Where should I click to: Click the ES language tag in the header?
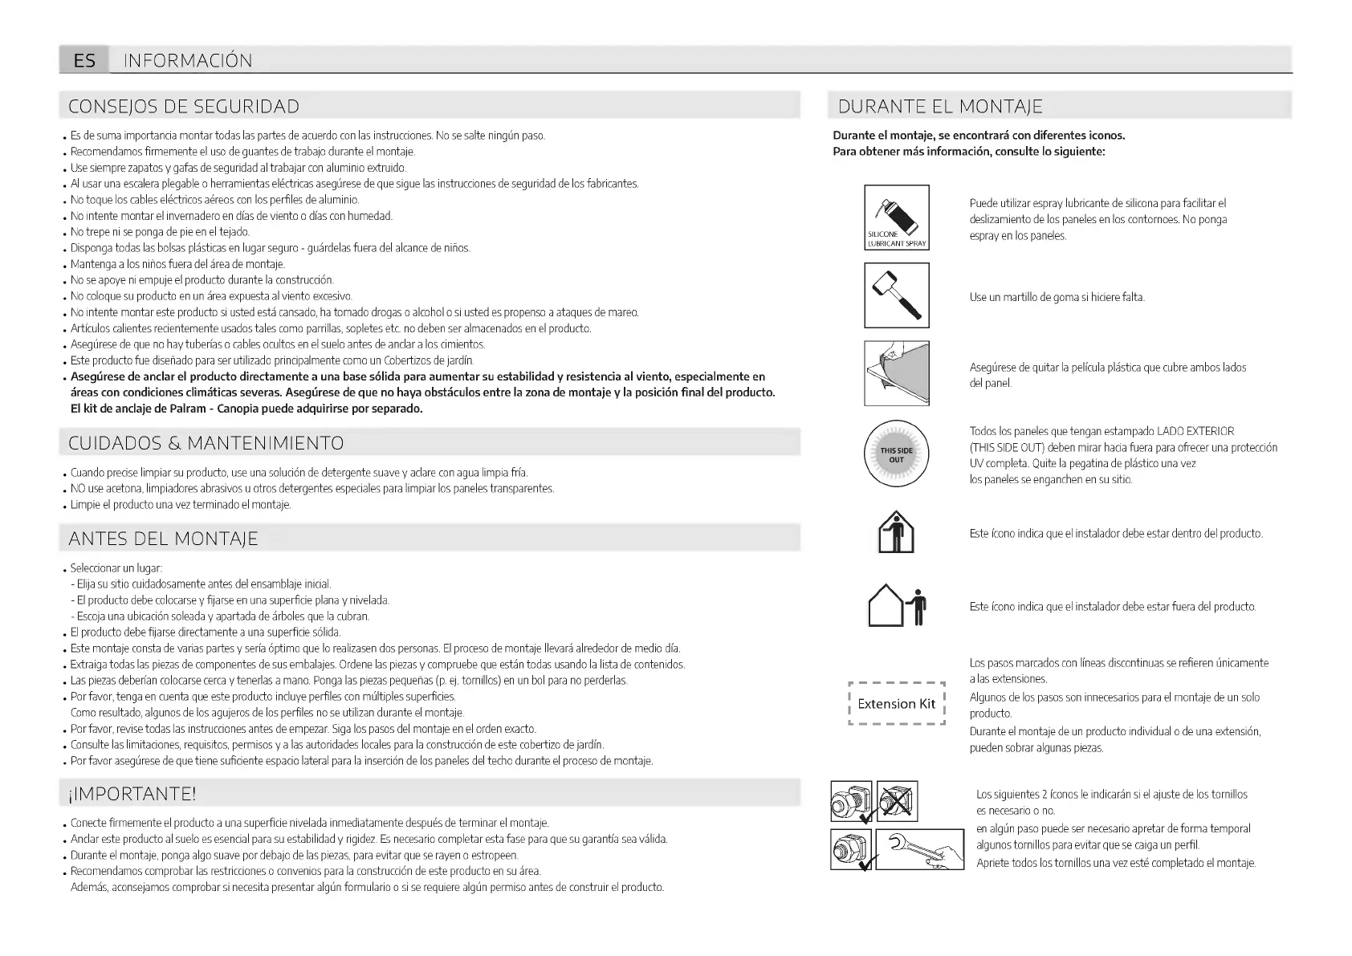[x=84, y=60]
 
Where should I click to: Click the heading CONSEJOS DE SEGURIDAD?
[x=184, y=107]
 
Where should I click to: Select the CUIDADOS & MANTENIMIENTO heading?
[x=206, y=443]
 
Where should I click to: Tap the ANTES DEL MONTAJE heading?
[x=164, y=539]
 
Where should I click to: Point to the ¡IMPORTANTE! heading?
[x=132, y=794]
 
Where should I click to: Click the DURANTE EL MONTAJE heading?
[x=940, y=107]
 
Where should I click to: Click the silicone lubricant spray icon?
[x=896, y=217]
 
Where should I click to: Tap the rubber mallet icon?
[x=896, y=295]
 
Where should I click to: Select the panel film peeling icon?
[x=896, y=373]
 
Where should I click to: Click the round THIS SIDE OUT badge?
[x=896, y=454]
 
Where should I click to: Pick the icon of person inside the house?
[x=896, y=533]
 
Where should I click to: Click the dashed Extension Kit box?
[x=896, y=704]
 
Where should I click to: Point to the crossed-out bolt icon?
[x=897, y=801]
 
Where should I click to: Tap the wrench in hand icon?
[x=919, y=849]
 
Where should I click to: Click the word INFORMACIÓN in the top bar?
[x=188, y=60]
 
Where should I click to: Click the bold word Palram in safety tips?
[x=189, y=409]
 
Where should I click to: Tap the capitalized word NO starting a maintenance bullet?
[x=78, y=489]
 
